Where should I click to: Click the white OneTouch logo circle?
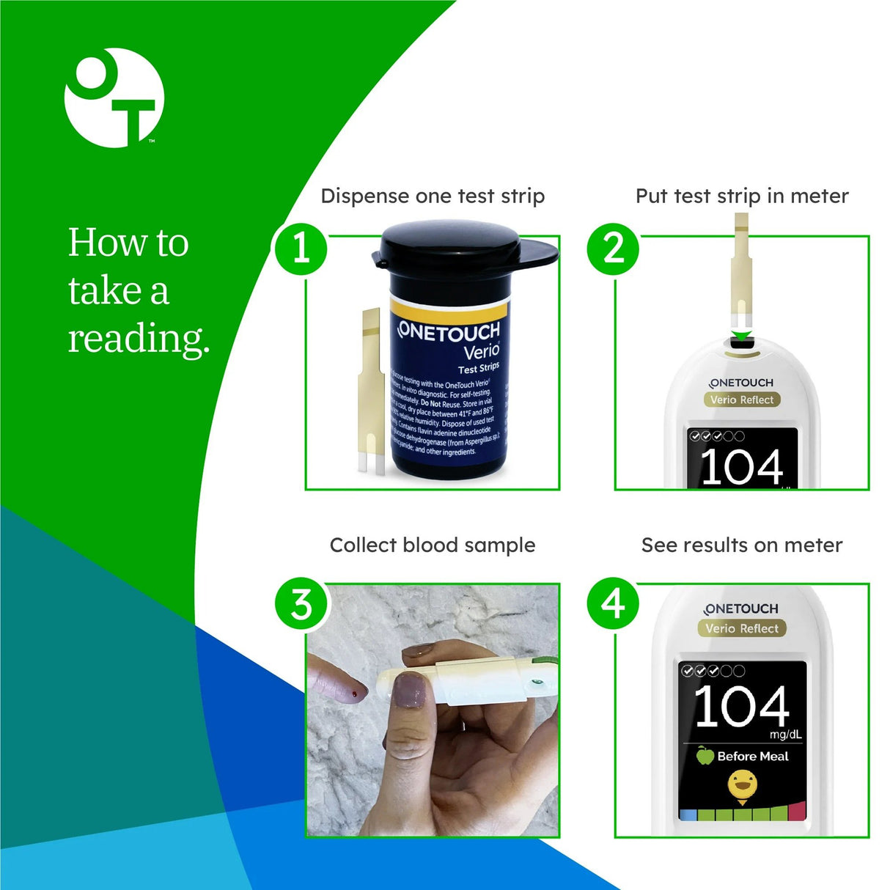tap(114, 98)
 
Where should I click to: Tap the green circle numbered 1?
tap(301, 249)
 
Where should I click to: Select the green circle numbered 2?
tap(613, 249)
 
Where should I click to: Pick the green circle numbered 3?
tap(301, 605)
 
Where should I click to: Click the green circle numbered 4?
tap(613, 604)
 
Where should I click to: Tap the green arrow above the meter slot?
tap(742, 336)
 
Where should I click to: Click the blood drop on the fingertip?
tap(356, 693)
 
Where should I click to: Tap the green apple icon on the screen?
tap(705, 756)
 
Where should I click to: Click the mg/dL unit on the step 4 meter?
tap(785, 735)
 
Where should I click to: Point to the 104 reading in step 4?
tap(741, 707)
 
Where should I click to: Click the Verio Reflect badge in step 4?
tap(741, 628)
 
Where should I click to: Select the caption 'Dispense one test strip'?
tap(433, 196)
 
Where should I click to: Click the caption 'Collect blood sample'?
tap(433, 545)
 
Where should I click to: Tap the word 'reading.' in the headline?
tap(139, 339)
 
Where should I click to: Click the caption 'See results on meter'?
tap(741, 545)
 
